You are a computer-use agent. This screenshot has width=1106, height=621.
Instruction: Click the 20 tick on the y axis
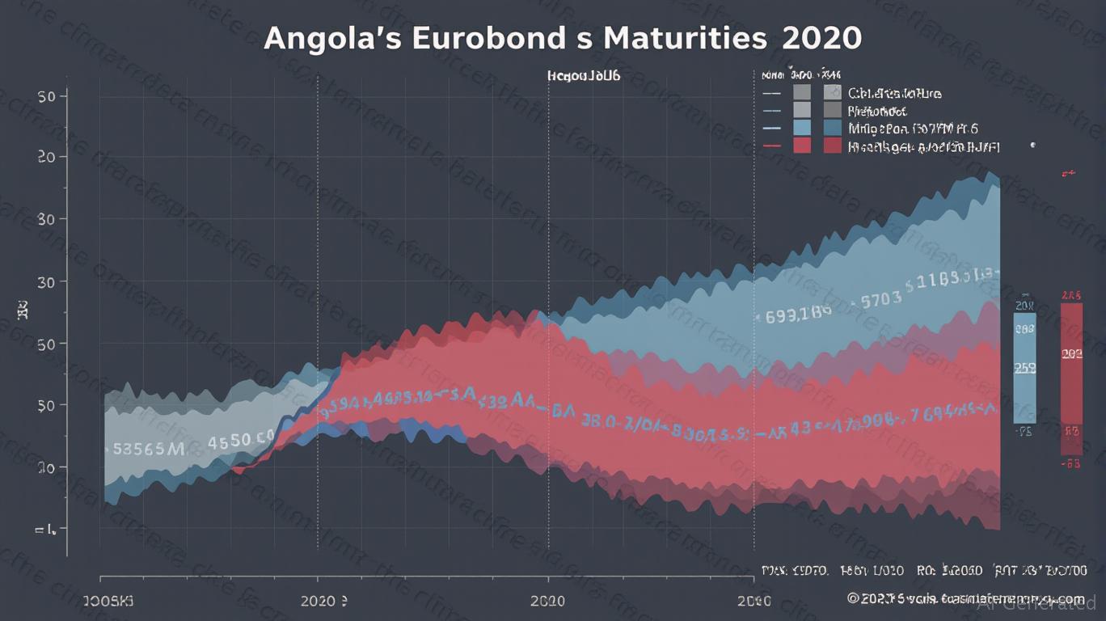click(46, 157)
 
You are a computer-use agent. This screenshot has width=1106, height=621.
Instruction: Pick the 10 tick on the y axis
click(46, 467)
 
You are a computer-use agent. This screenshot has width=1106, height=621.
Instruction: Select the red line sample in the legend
click(772, 146)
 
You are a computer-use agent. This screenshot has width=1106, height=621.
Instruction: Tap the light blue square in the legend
click(802, 128)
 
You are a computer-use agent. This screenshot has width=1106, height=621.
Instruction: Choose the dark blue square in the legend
click(832, 128)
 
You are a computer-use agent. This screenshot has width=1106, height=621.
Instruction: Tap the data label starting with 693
click(796, 315)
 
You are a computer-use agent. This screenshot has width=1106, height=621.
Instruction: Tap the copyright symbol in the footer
click(852, 598)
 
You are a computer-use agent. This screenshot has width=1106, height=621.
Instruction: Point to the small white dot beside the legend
click(1032, 146)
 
